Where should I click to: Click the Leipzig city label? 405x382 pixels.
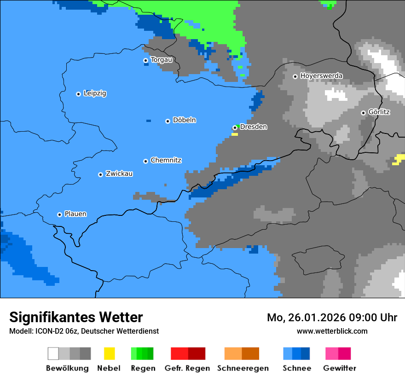pos(95,93)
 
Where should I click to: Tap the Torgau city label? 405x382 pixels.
pos(162,60)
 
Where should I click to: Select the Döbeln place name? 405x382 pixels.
pos(184,120)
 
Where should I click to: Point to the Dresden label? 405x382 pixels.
pos(253,127)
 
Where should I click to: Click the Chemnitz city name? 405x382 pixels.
pos(166,161)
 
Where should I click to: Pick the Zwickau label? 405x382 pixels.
pos(119,174)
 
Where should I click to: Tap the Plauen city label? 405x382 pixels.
pos(75,214)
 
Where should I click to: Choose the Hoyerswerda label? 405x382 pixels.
pos(321,76)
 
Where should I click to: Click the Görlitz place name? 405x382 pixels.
pos(379,112)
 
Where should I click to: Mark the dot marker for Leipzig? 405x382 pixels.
pos(78,94)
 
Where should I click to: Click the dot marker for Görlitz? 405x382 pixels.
pos(363,113)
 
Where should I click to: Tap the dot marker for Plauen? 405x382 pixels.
pos(59,214)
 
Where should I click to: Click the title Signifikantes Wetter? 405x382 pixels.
pos(76,318)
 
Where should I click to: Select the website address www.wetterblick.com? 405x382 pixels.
pos(332,331)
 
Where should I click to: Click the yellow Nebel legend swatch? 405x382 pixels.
pos(109,353)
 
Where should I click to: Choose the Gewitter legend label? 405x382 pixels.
pos(339,368)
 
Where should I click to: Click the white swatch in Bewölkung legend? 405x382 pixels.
pos(53,353)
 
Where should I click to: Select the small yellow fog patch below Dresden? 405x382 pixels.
pos(235,134)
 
